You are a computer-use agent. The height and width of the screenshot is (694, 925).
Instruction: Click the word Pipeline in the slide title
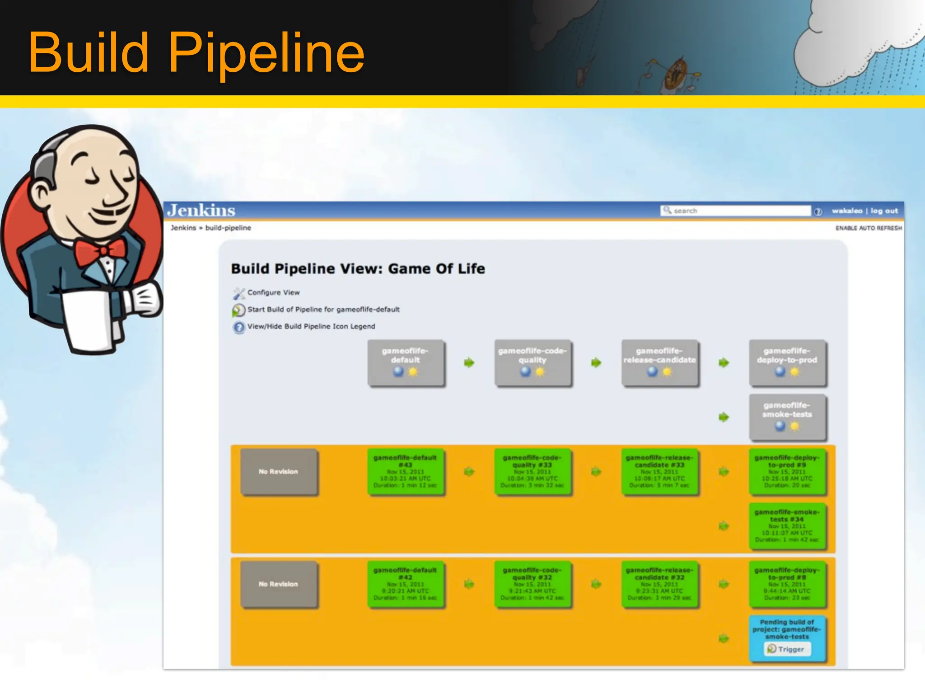[266, 53]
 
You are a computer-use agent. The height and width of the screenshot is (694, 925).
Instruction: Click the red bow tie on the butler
[100, 252]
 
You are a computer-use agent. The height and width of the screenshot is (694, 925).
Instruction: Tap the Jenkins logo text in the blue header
[201, 211]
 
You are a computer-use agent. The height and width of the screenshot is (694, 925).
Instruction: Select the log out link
[884, 211]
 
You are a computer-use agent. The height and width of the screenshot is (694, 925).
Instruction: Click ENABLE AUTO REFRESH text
[868, 228]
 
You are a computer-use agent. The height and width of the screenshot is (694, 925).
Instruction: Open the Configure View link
[273, 293]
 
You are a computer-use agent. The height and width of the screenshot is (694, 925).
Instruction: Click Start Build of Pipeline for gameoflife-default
[323, 309]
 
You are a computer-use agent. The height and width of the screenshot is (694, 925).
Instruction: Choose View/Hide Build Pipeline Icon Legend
[311, 327]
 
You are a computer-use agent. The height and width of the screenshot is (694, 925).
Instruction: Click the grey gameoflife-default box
[406, 363]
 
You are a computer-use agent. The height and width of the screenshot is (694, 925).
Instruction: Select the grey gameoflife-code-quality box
[533, 363]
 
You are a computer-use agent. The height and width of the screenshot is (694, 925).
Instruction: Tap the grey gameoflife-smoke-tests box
[787, 417]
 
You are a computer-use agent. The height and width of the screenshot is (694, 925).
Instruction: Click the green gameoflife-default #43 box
[406, 472]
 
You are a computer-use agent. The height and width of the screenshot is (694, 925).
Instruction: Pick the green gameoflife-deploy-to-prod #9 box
[787, 472]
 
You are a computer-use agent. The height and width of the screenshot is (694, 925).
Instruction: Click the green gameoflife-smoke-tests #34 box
[787, 526]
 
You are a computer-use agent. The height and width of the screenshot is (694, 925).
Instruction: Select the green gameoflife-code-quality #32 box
[533, 584]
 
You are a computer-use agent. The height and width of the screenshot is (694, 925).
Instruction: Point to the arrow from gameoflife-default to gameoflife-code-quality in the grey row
[469, 363]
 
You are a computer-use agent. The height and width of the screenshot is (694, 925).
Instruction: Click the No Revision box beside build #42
[279, 584]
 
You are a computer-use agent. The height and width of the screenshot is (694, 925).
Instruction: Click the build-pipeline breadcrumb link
[228, 228]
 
